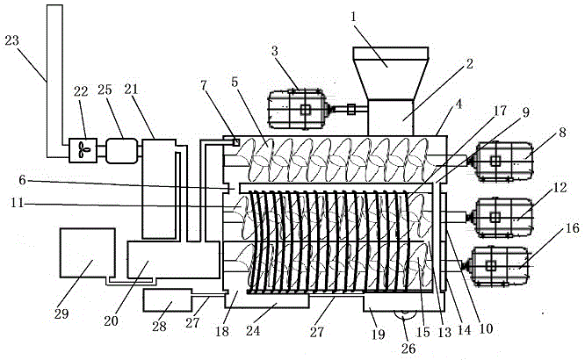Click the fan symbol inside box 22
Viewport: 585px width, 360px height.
83,151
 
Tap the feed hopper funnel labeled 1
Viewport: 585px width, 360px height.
390,74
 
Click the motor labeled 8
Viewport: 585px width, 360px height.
502,162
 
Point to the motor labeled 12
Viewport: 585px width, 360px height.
502,217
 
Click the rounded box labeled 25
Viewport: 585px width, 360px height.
121,151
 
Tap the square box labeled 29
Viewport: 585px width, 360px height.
88,253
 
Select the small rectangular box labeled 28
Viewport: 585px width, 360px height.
168,300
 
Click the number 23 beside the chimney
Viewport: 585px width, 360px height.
11,40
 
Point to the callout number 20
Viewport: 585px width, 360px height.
111,320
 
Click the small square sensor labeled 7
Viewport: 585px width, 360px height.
235,142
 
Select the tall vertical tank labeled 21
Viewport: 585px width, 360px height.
159,189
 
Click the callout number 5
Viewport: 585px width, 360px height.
235,82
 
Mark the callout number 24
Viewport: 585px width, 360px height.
253,330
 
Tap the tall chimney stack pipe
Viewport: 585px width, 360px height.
54,81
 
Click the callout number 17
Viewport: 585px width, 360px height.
501,111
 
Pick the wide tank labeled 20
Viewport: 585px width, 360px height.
173,260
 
